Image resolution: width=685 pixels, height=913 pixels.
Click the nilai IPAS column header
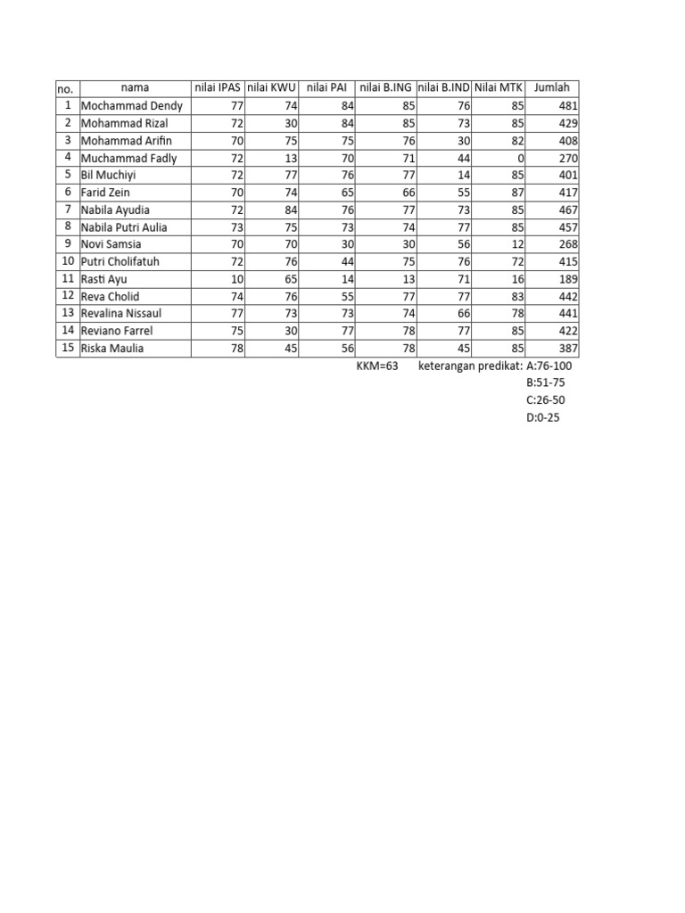(x=218, y=87)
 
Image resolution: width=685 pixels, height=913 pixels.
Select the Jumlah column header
(x=551, y=87)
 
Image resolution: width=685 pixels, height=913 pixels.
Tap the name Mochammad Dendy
(x=131, y=105)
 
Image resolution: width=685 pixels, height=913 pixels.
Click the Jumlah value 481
(x=568, y=105)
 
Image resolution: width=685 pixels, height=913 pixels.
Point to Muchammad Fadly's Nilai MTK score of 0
(x=520, y=158)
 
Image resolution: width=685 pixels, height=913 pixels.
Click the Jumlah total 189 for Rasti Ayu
(x=568, y=279)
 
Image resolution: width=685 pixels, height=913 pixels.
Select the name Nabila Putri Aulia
(x=124, y=226)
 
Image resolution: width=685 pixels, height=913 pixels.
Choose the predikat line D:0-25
(x=543, y=417)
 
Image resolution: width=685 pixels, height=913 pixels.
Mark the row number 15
(x=67, y=348)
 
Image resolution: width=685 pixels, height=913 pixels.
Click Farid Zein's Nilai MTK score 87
(x=516, y=192)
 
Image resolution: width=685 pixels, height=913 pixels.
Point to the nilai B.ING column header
(x=385, y=87)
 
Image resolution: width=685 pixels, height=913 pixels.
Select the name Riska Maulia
(x=111, y=349)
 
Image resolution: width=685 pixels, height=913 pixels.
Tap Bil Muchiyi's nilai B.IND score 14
(x=463, y=175)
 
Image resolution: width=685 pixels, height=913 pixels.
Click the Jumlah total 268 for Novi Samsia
(x=568, y=244)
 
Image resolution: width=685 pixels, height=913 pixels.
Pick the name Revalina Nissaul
(x=122, y=314)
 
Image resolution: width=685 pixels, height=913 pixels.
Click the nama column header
(x=135, y=87)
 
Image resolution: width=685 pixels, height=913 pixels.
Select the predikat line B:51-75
(x=545, y=382)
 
